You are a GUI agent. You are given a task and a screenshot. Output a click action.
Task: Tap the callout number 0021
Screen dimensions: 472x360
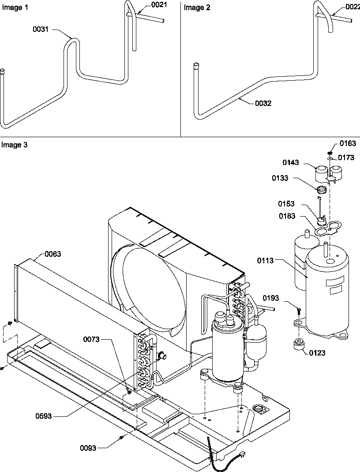(x=160, y=5)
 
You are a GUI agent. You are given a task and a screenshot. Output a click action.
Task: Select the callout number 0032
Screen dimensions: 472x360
(x=263, y=103)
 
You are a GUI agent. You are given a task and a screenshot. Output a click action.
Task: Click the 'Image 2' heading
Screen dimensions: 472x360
(x=194, y=7)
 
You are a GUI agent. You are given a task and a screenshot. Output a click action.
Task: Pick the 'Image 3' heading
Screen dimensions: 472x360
(x=14, y=145)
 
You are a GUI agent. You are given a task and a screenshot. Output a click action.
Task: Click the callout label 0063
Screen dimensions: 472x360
(x=52, y=254)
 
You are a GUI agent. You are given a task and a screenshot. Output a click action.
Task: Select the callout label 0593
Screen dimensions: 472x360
(x=43, y=415)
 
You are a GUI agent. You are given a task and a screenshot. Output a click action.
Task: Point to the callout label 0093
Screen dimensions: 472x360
(x=88, y=448)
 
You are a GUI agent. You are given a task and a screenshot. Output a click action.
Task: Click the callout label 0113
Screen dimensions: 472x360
(x=266, y=261)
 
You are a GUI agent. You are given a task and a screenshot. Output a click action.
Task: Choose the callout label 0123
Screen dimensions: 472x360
(x=317, y=353)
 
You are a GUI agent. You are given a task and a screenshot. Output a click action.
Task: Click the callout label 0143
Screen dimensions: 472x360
(x=291, y=162)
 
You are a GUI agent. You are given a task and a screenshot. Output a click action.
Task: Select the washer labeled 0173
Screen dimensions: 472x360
(x=330, y=157)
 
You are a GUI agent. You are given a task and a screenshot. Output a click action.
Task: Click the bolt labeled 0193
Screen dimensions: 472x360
(x=299, y=311)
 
